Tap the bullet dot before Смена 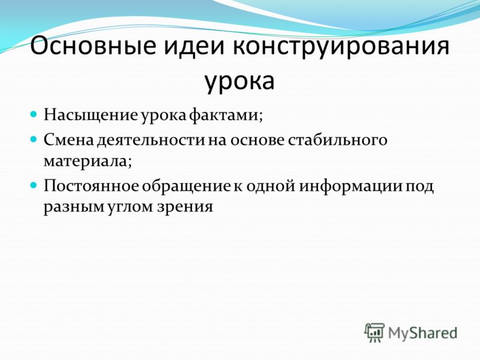pyautogui.click(x=34, y=139)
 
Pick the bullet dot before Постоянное pyautogui.click(x=34, y=185)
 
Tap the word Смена pyautogui.click(x=69, y=139)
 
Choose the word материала pyautogui.click(x=88, y=161)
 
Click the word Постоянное pyautogui.click(x=91, y=186)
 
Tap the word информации pyautogui.click(x=350, y=187)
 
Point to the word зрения pyautogui.click(x=185, y=206)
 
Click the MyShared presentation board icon pyautogui.click(x=374, y=332)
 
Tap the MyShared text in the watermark pyautogui.click(x=422, y=333)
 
